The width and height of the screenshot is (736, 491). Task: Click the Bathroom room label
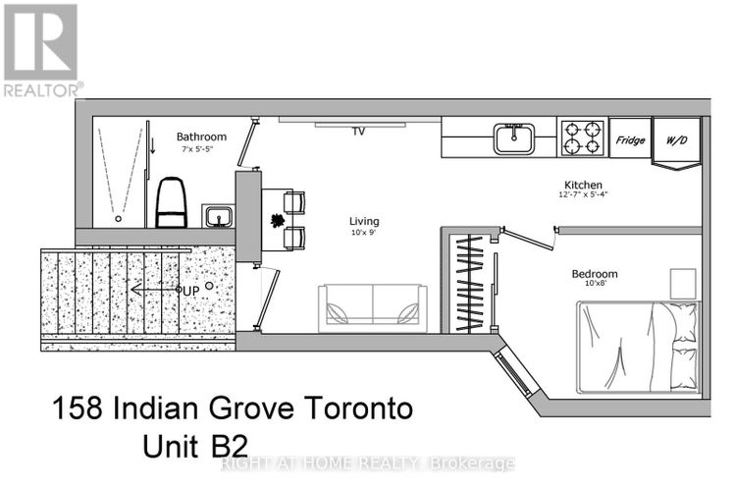click(x=201, y=136)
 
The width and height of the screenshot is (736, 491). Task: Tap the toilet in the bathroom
click(x=172, y=202)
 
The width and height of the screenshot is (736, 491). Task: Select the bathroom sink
click(x=218, y=216)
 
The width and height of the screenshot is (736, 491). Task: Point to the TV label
click(x=358, y=132)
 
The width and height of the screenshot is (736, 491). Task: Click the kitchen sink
click(x=514, y=138)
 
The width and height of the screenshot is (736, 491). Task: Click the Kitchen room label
click(x=583, y=185)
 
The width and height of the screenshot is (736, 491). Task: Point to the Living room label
click(x=364, y=221)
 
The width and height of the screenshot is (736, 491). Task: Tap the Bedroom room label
click(x=595, y=273)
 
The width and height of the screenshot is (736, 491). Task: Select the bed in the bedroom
click(x=639, y=348)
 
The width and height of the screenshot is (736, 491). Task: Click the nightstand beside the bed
click(x=683, y=284)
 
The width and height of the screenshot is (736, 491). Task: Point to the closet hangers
click(x=470, y=284)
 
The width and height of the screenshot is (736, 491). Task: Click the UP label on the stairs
click(x=191, y=292)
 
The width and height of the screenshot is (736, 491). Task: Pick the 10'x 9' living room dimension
click(x=364, y=233)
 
